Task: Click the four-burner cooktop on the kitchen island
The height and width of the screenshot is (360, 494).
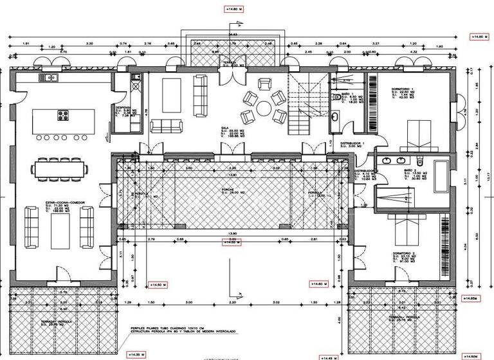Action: pos(64,116)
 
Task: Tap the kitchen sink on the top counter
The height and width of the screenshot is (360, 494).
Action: pos(50,78)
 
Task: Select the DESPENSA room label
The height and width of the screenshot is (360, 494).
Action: pos(123,107)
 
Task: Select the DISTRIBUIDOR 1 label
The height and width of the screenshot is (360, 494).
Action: pos(352,143)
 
